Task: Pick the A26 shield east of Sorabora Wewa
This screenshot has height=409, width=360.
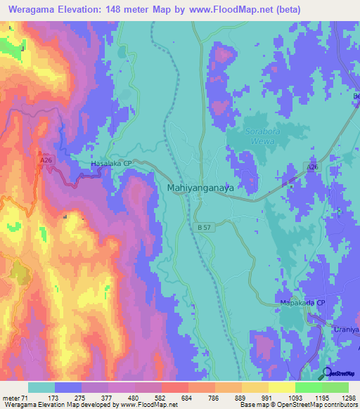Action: [x=313, y=166]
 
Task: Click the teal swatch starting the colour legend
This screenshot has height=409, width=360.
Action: [x=41, y=387]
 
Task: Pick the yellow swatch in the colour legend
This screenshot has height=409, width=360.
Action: [x=281, y=387]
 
